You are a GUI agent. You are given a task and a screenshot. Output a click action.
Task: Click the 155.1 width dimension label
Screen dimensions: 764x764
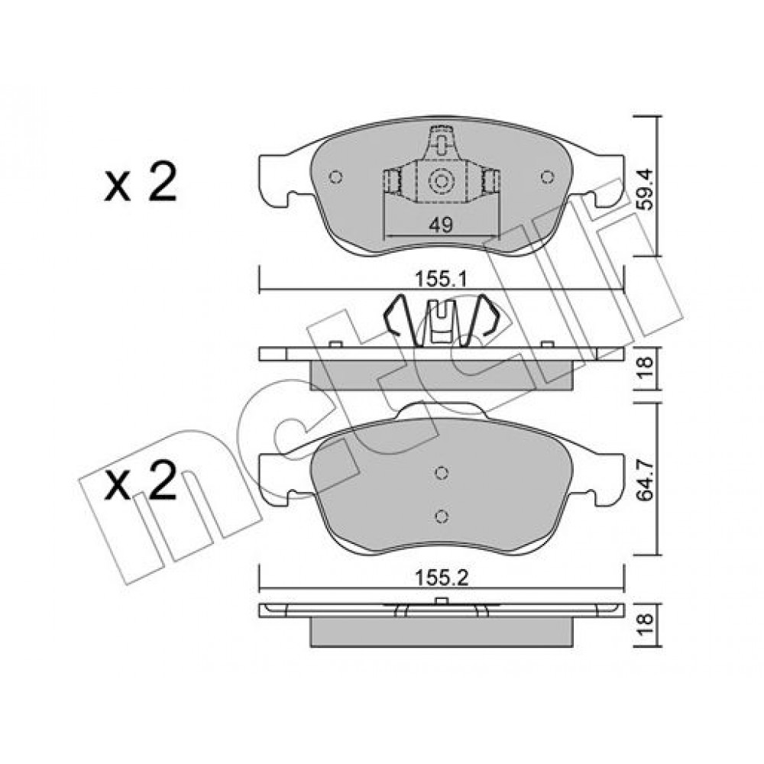441,280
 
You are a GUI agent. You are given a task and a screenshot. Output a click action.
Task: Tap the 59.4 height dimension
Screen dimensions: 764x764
646,189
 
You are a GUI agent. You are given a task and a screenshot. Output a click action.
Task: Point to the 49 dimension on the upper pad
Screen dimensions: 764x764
441,225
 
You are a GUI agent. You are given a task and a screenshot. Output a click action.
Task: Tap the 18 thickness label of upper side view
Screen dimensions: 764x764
646,369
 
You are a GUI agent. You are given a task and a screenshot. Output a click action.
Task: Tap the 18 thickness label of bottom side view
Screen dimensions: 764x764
646,626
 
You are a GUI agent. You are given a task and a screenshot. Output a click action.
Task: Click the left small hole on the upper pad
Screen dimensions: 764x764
335,176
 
